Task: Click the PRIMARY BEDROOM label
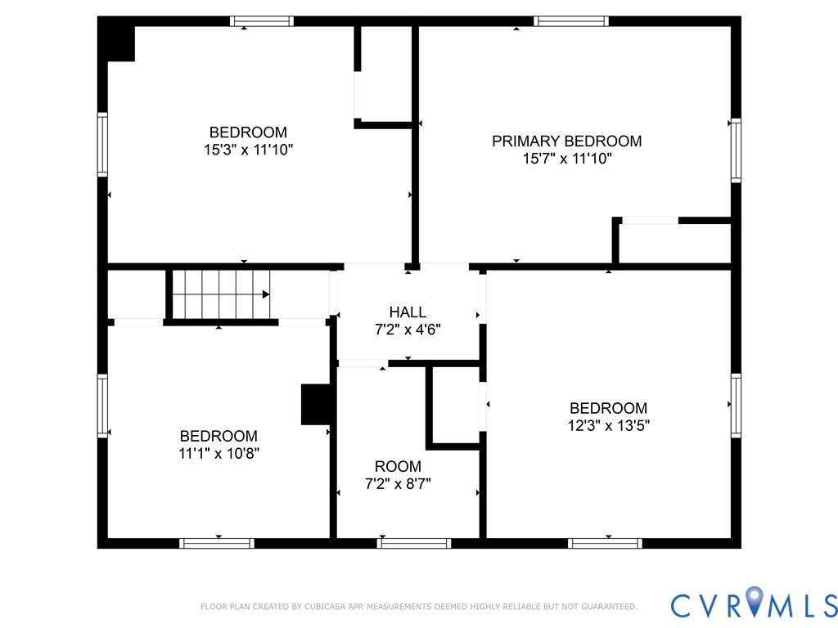click(566, 141)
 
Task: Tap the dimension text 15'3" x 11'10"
click(248, 150)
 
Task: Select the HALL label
click(408, 312)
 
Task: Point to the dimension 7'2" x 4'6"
click(408, 330)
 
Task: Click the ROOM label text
click(398, 466)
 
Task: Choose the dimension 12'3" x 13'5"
click(608, 425)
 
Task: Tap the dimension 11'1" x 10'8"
click(219, 454)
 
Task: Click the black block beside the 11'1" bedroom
click(316, 404)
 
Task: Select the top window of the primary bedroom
click(571, 21)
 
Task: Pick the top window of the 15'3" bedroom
click(261, 21)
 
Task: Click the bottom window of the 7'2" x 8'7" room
click(414, 543)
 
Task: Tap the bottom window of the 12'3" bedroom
click(606, 543)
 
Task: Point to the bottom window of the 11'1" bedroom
click(217, 543)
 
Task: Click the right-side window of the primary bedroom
click(736, 150)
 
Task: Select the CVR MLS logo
click(754, 604)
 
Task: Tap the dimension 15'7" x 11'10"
click(567, 159)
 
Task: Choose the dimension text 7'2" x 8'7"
click(398, 483)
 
